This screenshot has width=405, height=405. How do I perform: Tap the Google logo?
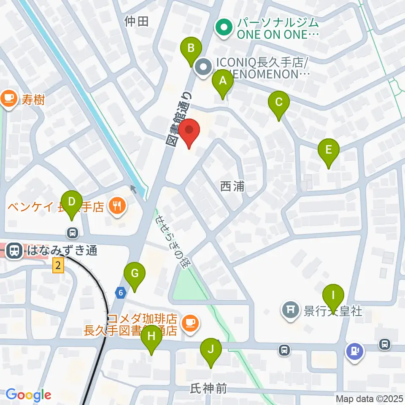coord(29,395)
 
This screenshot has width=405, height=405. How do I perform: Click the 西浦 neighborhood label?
coord(232,186)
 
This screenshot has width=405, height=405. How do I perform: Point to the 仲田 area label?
coord(137,21)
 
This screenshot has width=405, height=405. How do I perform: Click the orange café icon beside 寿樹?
coord(8,99)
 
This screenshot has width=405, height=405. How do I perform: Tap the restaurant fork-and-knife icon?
coord(117,206)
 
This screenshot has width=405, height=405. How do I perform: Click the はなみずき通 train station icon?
coord(15,251)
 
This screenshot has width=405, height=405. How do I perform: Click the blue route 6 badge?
coord(121,292)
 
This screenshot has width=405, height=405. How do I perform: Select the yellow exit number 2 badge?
coord(58,266)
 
